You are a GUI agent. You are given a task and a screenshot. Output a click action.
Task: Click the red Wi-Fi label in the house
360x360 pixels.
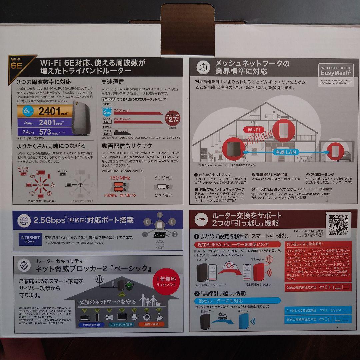click(254, 130)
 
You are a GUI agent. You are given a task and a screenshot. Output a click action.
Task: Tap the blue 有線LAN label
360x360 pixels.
click(285, 152)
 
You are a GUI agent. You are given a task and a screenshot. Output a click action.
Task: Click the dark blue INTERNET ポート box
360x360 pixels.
click(30, 239)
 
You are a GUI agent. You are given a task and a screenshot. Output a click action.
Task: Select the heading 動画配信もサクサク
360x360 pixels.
click(127, 146)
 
